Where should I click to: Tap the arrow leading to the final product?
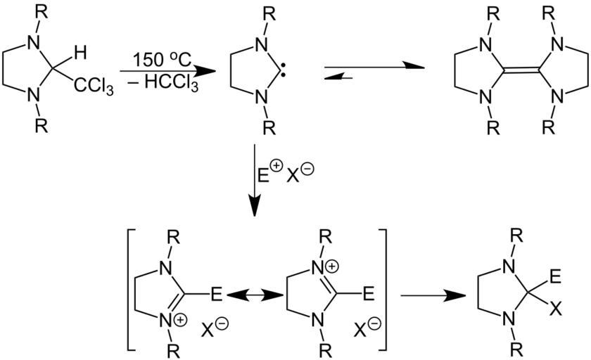point(427,295)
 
